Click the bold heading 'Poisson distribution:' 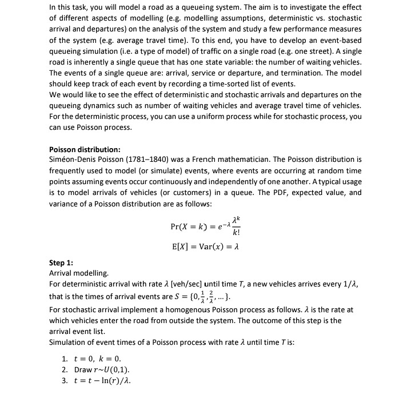pos(85,150)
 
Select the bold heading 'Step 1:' pos(61,263)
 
